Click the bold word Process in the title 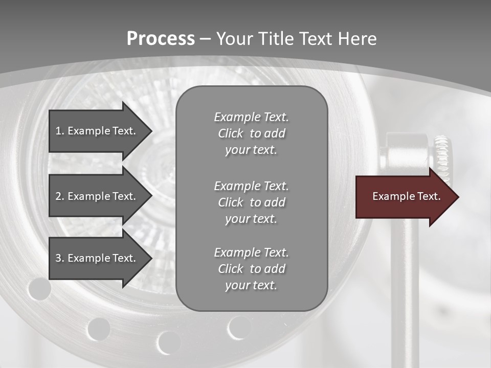pyautogui.click(x=161, y=38)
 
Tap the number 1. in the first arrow pyautogui.click(x=59, y=131)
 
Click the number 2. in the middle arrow pyautogui.click(x=59, y=196)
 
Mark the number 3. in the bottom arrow pyautogui.click(x=59, y=258)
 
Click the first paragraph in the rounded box pyautogui.click(x=251, y=133)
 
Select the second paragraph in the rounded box pyautogui.click(x=251, y=202)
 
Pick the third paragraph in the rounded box pyautogui.click(x=251, y=269)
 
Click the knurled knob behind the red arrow pyautogui.click(x=442, y=153)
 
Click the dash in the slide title pyautogui.click(x=205, y=38)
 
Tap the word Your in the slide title pyautogui.click(x=235, y=38)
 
